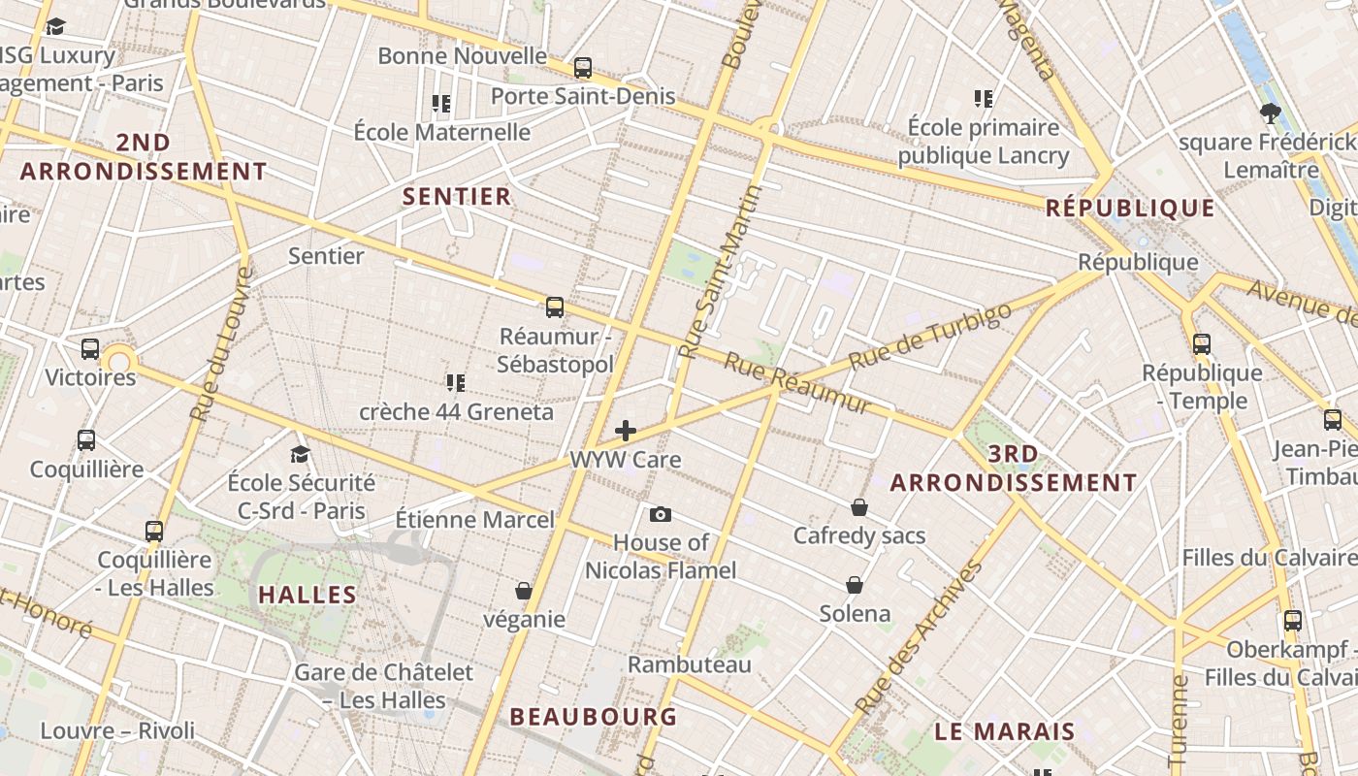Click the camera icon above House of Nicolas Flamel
click(661, 515)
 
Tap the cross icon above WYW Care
click(626, 431)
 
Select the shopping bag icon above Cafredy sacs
click(859, 507)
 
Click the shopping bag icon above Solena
click(855, 585)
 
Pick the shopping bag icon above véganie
click(524, 591)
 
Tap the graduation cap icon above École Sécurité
click(301, 454)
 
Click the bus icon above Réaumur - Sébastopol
click(555, 307)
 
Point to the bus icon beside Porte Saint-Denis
click(583, 68)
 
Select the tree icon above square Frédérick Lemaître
click(1270, 113)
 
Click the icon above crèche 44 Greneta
click(456, 383)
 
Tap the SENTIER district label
click(457, 196)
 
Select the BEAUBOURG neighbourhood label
click(594, 717)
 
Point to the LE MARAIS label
click(1005, 731)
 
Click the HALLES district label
click(307, 595)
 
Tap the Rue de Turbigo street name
click(930, 336)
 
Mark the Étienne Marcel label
click(475, 520)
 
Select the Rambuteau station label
click(690, 664)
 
